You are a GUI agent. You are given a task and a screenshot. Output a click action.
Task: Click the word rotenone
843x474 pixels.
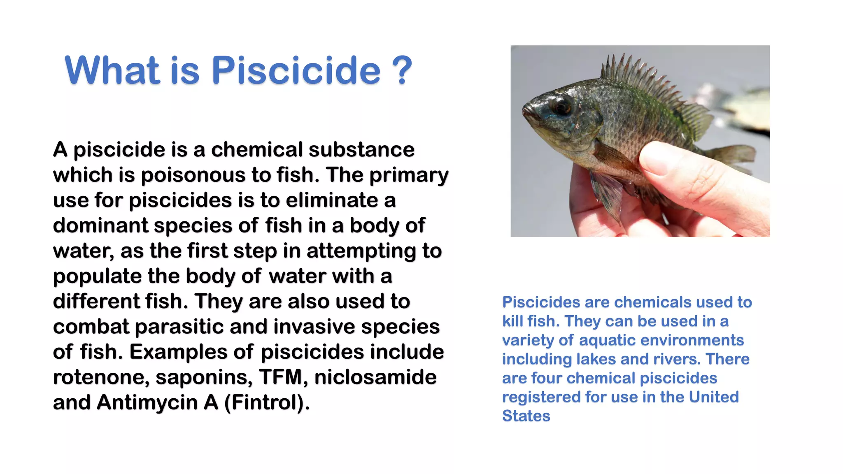pos(101,377)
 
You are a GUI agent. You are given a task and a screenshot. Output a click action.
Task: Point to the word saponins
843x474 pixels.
pos(204,377)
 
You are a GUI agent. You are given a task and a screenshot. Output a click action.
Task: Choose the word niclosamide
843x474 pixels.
pos(375,377)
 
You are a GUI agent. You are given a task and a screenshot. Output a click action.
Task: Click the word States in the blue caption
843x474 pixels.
pos(526,416)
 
